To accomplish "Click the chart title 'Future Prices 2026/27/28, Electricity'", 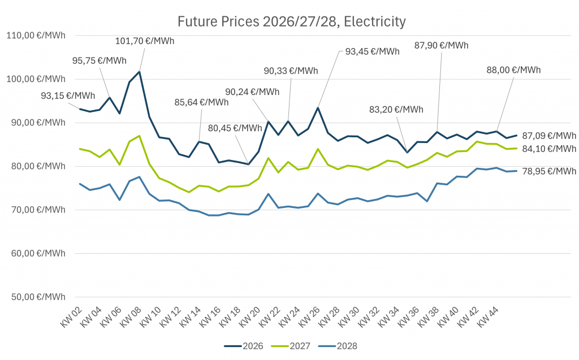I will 291,22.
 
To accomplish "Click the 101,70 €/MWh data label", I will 145,41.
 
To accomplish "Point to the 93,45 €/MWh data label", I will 372,51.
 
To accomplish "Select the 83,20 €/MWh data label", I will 395,110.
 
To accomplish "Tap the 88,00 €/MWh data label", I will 513,70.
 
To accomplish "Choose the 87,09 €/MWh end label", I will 549,136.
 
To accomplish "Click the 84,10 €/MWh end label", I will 549,149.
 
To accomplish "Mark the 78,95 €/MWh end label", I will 549,171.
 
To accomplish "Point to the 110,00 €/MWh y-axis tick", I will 36,35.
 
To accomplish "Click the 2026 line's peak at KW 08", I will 139,72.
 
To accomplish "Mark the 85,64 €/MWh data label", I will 202,102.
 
